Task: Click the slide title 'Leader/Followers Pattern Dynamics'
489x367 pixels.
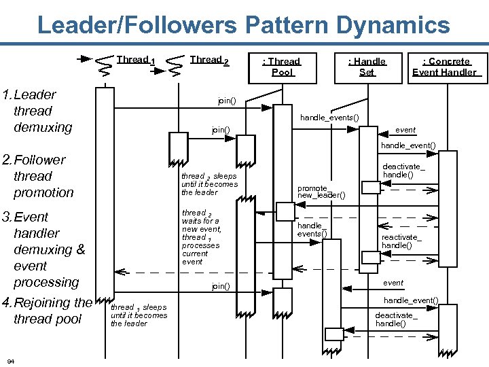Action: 243,26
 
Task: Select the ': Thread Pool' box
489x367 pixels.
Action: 283,67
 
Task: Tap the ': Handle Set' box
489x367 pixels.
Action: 367,67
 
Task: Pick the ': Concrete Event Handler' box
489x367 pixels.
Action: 445,67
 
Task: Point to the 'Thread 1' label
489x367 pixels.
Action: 136,60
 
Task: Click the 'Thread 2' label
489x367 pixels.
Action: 209,60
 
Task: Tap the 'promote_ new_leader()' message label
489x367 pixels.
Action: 321,192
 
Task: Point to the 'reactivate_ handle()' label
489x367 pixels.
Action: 401,241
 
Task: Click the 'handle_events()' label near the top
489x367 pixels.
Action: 329,118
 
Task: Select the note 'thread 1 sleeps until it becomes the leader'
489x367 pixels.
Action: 139,315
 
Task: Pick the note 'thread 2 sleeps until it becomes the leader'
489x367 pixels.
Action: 209,184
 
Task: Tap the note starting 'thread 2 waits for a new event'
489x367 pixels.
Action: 201,237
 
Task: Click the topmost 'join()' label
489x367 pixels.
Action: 227,101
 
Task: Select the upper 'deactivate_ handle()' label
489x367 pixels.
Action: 403,171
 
